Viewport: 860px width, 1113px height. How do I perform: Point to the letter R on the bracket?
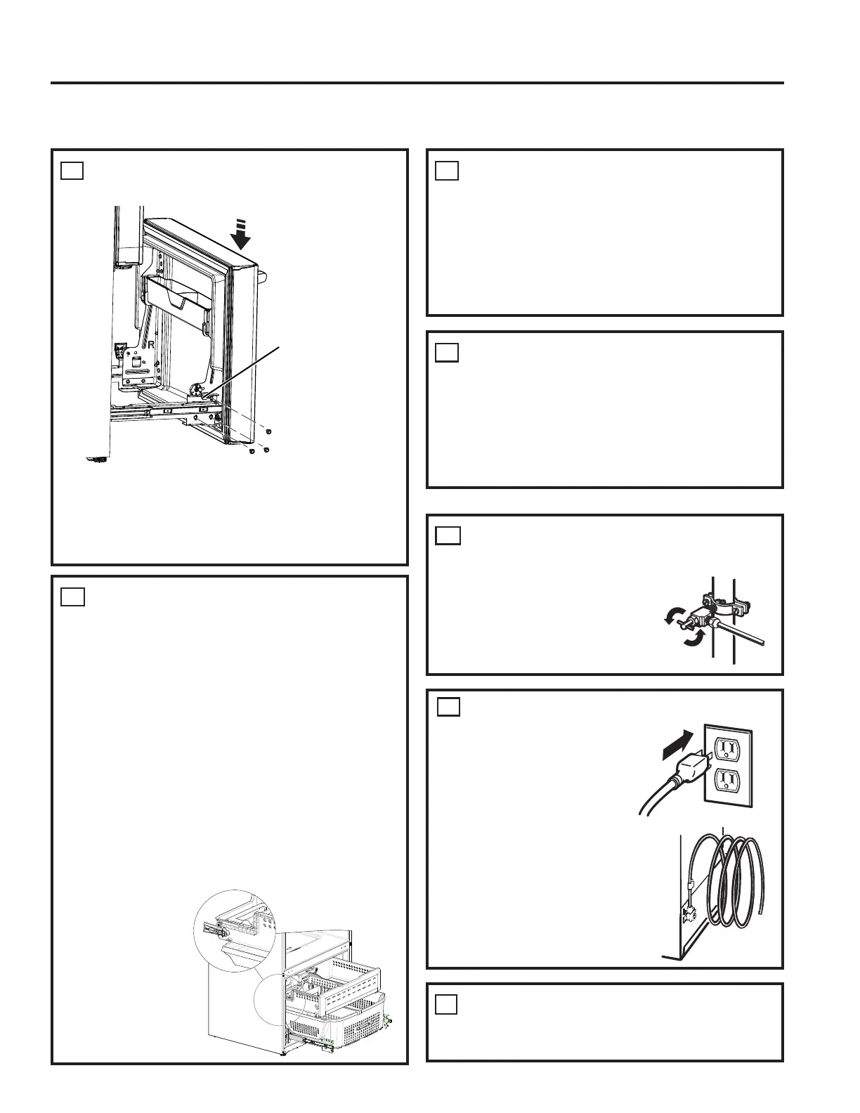[x=150, y=345]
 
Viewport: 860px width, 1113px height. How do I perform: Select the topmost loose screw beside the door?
[x=268, y=430]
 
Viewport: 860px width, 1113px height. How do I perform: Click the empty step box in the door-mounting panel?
[x=72, y=170]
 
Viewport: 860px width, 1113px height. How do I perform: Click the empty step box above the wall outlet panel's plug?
[x=449, y=706]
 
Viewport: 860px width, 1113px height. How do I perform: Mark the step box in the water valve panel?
[x=448, y=535]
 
